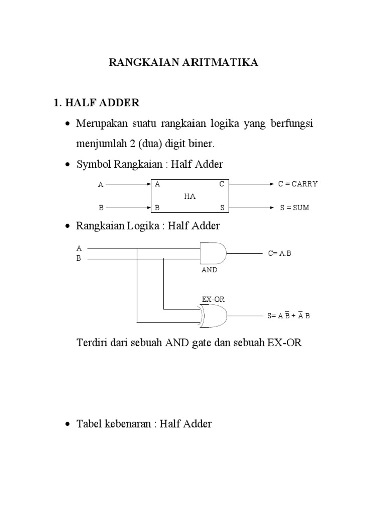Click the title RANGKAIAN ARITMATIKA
pos(184,63)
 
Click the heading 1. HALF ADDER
pos(96,103)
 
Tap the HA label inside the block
pos(189,196)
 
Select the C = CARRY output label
pos(298,184)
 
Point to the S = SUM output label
pos(295,208)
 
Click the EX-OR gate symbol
pos(213,315)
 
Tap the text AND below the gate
pos(209,270)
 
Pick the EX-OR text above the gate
pos(213,299)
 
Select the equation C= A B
pos(279,253)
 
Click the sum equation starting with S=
pos(289,316)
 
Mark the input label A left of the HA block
pos(100,185)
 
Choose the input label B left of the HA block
pos(100,207)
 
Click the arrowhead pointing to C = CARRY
pos(269,184)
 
